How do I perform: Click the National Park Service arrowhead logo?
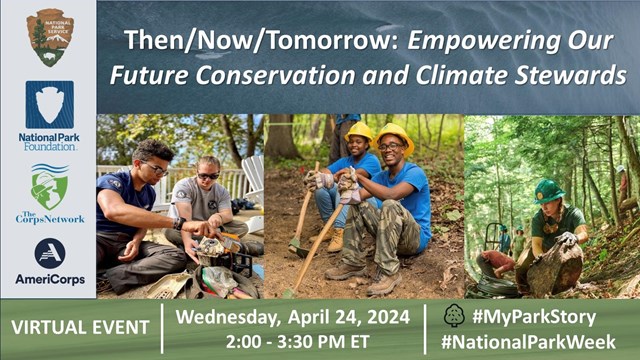point(49,38)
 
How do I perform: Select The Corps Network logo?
point(49,190)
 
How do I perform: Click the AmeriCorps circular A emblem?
point(49,253)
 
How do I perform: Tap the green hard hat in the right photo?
point(548,190)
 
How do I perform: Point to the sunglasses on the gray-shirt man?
point(208,175)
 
